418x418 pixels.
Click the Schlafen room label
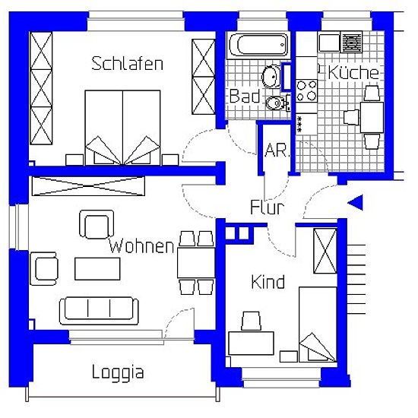tap(127, 63)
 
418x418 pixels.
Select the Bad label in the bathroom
tap(245, 96)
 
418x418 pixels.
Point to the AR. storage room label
tap(277, 150)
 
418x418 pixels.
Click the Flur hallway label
tap(268, 207)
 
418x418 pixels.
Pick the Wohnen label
tap(141, 245)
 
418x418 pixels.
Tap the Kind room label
tap(268, 282)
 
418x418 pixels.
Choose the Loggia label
tap(118, 372)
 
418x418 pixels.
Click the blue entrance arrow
tap(356, 203)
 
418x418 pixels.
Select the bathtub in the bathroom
tap(258, 45)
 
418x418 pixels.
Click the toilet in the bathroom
tap(277, 103)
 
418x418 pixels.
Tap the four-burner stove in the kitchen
tap(306, 91)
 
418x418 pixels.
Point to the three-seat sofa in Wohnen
tap(99, 311)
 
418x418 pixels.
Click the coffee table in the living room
tap(97, 269)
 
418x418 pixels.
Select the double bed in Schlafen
tap(122, 128)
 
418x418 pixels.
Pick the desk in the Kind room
tap(251, 344)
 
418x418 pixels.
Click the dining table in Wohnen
tap(196, 263)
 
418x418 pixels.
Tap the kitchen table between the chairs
tap(372, 117)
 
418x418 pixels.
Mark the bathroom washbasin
tap(271, 77)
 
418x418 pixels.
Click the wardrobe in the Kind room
tap(325, 251)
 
